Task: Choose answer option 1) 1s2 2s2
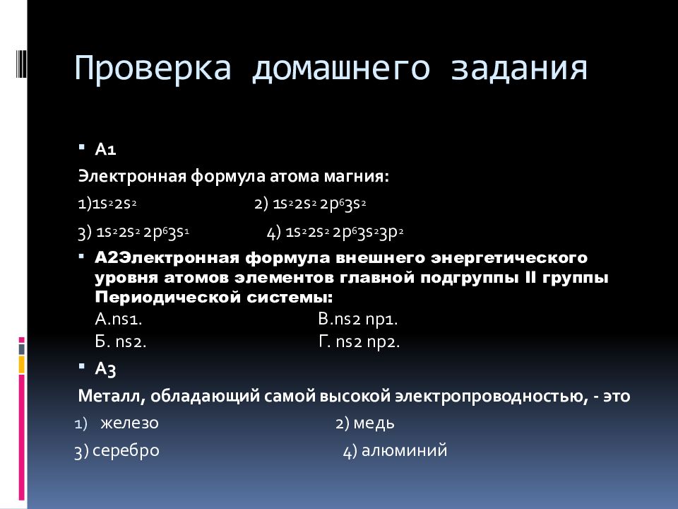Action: [107, 204]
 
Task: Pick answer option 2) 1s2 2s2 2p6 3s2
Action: [310, 204]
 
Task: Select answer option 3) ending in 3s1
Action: [133, 232]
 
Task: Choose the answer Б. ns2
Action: [120, 341]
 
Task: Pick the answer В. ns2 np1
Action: [358, 319]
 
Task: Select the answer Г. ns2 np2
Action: [359, 341]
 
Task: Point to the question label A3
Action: [106, 368]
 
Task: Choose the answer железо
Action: [129, 423]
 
